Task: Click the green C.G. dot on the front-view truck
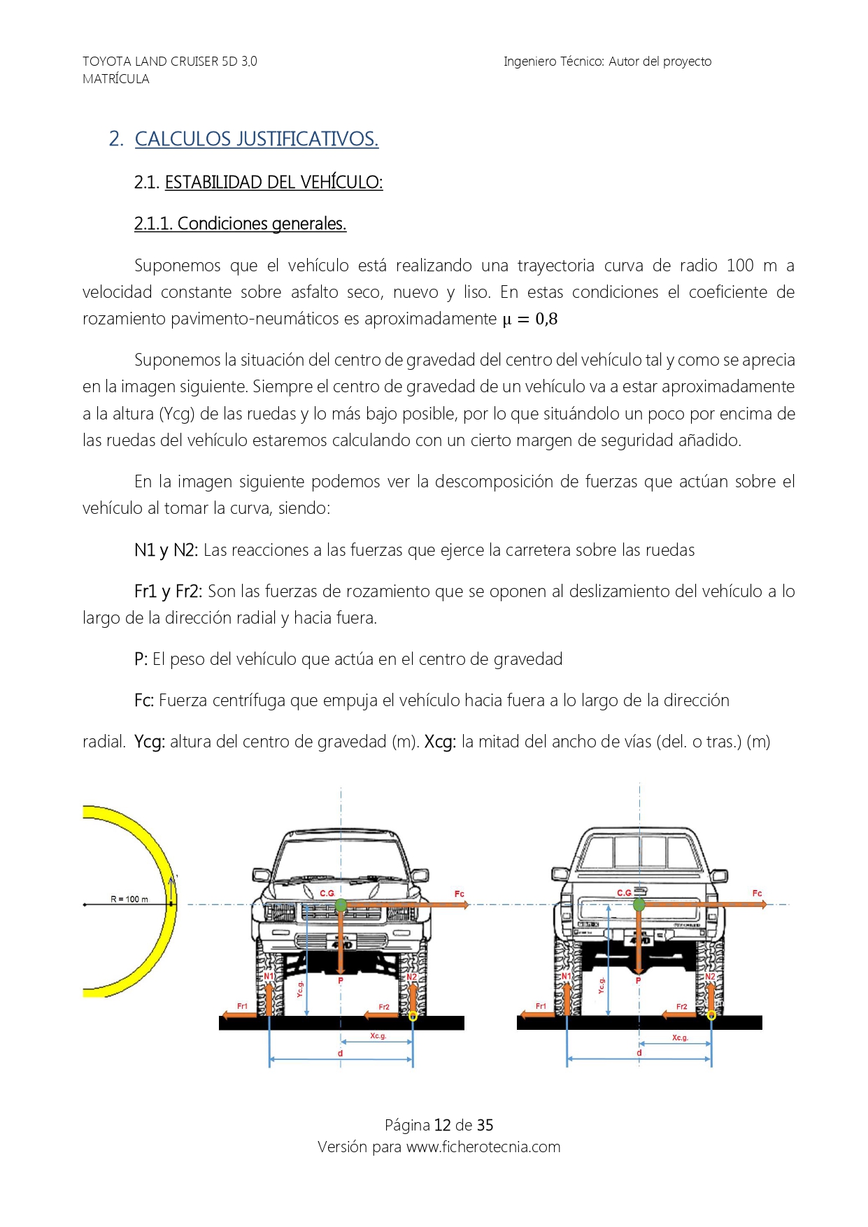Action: tap(341, 905)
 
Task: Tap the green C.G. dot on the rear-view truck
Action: tap(639, 905)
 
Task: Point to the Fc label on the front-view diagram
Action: tap(459, 894)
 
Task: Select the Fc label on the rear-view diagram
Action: tap(757, 893)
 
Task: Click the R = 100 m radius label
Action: tap(129, 899)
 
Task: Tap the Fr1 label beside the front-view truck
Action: tap(242, 1006)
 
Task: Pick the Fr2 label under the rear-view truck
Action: tap(681, 1007)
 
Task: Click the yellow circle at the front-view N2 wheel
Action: tap(413, 1016)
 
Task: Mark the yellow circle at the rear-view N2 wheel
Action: tap(711, 1015)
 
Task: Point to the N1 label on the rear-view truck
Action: tap(566, 976)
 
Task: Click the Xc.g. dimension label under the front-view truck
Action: tap(378, 1035)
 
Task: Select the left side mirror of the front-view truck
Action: tap(262, 875)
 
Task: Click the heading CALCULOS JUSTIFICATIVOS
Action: tap(256, 139)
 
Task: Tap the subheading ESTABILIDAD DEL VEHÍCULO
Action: tap(273, 182)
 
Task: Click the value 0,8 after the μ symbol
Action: tap(546, 319)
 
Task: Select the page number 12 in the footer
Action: tap(442, 1125)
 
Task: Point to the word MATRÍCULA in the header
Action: tap(116, 79)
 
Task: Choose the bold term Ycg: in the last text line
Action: tap(150, 742)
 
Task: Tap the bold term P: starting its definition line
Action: tap(141, 659)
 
